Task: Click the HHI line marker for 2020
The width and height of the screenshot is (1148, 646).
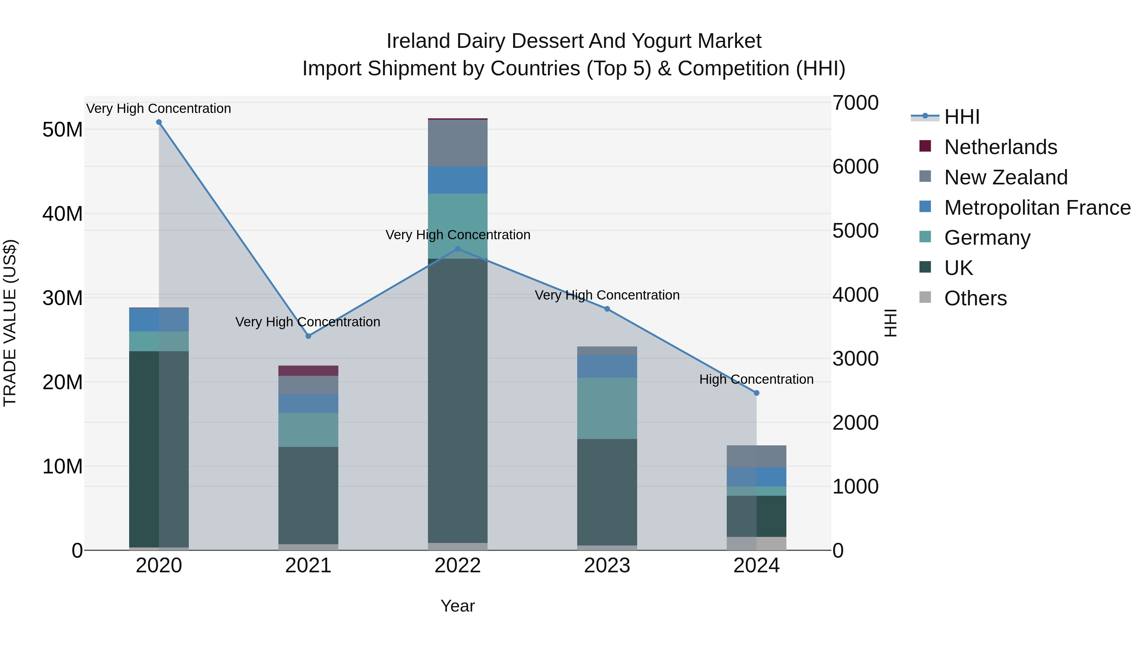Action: [x=159, y=122]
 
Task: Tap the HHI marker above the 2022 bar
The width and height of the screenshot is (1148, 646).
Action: [x=458, y=249]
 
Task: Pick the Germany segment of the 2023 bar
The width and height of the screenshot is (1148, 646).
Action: [x=607, y=408]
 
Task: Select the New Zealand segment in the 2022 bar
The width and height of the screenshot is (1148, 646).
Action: [x=458, y=143]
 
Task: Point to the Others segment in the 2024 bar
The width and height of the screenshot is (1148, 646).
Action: [x=756, y=544]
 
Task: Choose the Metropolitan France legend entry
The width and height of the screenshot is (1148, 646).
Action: [x=1037, y=208]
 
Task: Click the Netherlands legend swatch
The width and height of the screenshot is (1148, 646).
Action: [x=925, y=146]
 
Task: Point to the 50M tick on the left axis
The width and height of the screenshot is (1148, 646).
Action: [x=63, y=130]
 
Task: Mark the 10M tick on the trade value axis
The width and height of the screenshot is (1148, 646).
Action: [x=63, y=466]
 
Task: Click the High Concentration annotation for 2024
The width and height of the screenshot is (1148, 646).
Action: [x=756, y=379]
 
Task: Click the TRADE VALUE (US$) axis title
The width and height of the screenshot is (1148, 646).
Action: [x=10, y=323]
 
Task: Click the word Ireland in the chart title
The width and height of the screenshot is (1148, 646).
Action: [x=418, y=41]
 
